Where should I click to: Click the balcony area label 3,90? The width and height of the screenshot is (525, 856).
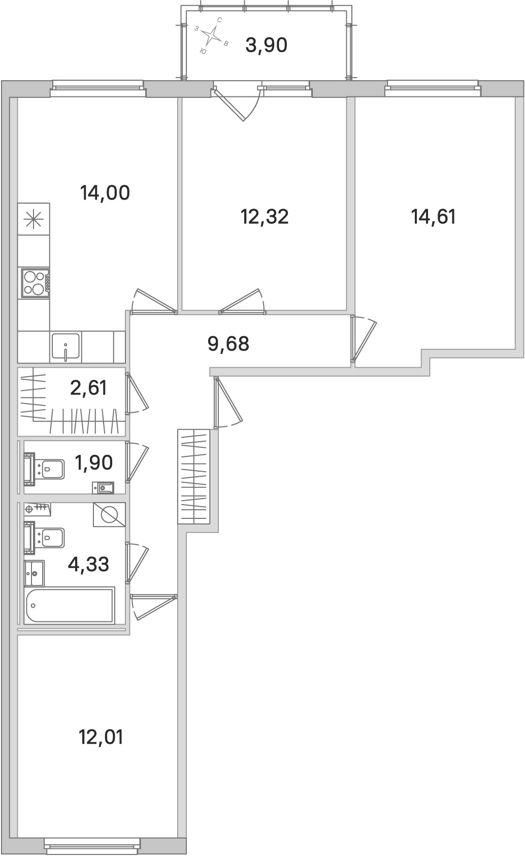(266, 46)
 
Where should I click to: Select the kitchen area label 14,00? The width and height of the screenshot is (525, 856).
(105, 193)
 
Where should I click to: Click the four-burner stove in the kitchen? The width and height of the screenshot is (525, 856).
(35, 283)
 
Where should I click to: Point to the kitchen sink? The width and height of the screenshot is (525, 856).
(65, 347)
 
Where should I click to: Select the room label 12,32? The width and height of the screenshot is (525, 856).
(264, 217)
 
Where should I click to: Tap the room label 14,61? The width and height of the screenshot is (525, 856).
(433, 217)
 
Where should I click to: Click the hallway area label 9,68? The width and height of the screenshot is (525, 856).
(228, 344)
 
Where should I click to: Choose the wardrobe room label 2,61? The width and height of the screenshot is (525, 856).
(89, 388)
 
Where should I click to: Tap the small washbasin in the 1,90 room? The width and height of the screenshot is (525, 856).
(103, 488)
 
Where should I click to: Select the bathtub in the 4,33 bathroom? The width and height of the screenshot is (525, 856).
(70, 605)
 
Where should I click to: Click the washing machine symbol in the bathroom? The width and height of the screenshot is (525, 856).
(109, 515)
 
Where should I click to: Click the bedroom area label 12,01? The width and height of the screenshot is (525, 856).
(101, 737)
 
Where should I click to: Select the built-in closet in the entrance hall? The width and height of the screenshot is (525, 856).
(193, 476)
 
